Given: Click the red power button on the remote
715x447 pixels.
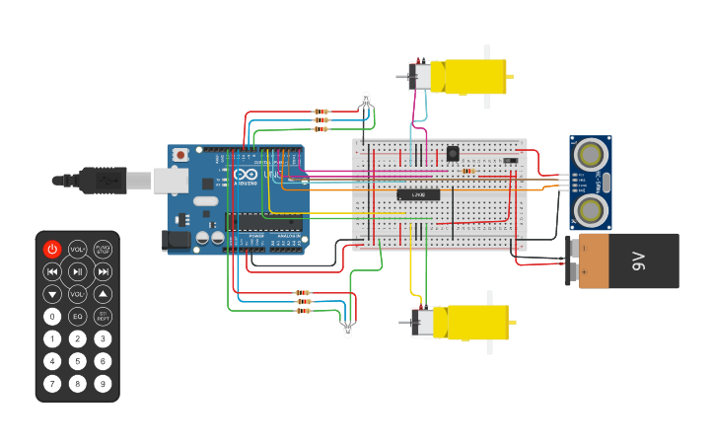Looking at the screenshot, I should (52, 249).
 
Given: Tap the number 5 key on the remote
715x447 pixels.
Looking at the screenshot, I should (78, 361).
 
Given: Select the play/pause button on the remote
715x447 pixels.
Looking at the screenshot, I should (78, 271).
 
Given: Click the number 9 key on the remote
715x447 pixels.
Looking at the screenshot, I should (103, 384).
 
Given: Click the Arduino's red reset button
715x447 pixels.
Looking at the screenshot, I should (181, 155).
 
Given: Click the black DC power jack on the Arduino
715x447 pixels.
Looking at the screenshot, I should (176, 240).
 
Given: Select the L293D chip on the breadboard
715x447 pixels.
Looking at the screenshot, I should (418, 194).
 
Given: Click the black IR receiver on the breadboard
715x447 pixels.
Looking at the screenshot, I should (453, 153).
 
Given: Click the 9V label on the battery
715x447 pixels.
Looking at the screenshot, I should (638, 261).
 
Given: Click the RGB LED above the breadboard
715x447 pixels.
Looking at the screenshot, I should (367, 99).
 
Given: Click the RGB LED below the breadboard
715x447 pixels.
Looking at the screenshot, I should (347, 329).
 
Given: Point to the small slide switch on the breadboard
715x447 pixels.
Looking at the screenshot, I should (510, 160).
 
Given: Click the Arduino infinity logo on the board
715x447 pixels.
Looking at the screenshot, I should (244, 175).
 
